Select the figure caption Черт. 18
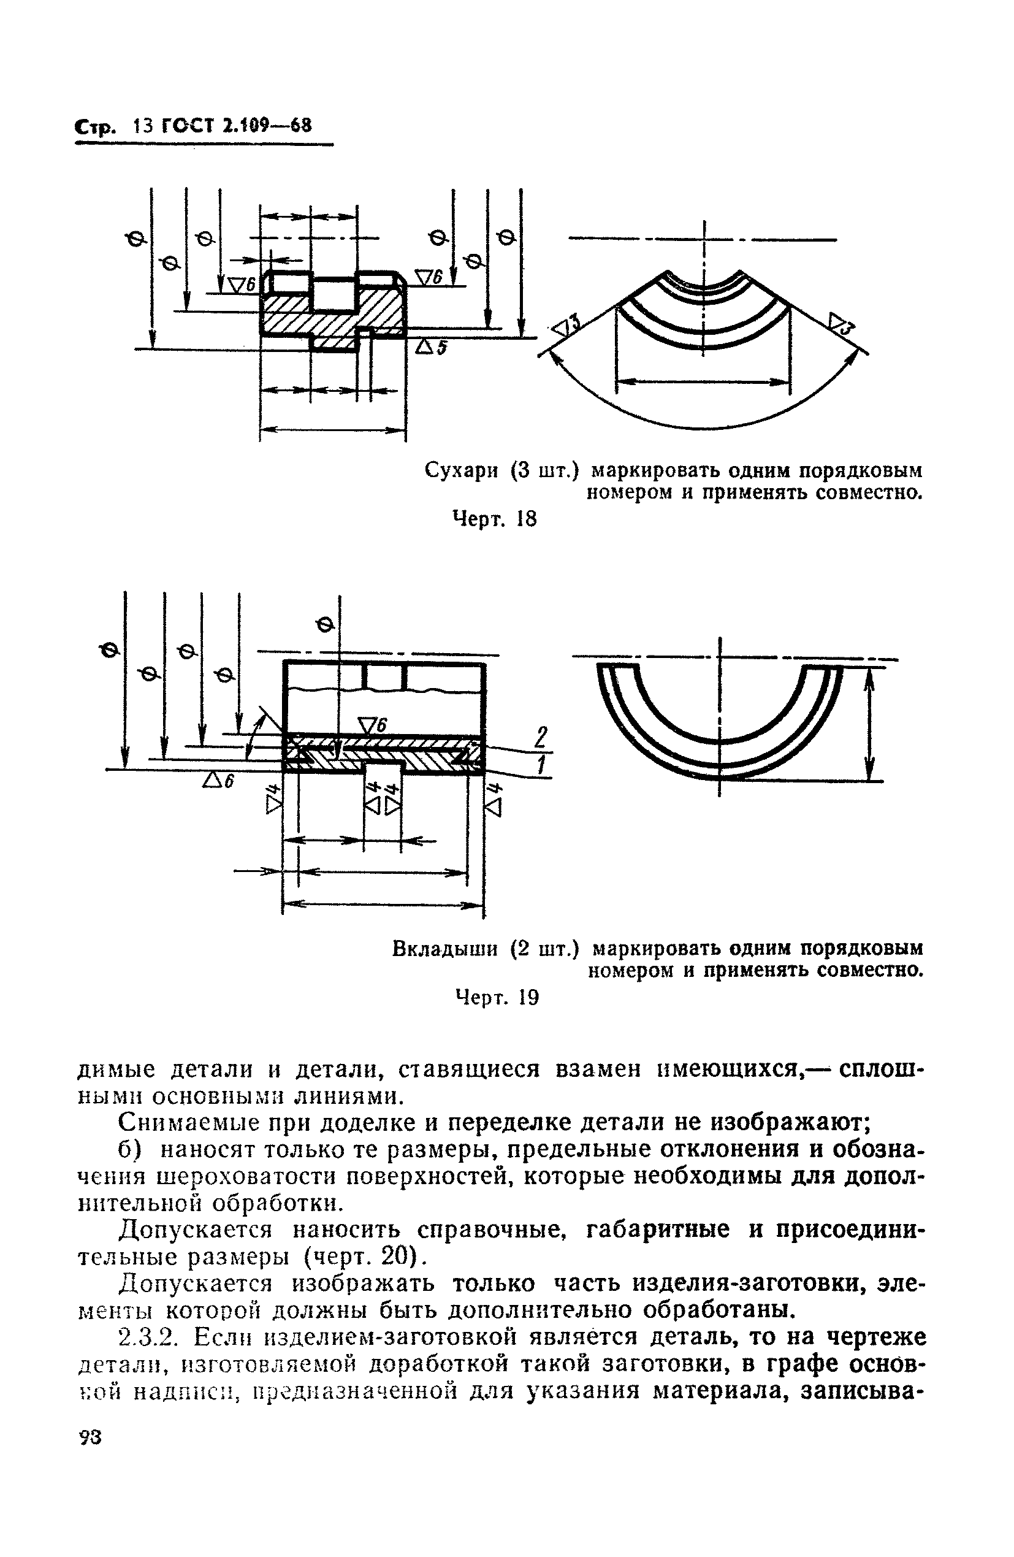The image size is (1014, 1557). click(x=495, y=519)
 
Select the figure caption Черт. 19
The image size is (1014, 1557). click(x=497, y=998)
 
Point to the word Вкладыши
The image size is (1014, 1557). click(x=448, y=948)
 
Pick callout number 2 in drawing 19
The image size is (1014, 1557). click(x=539, y=737)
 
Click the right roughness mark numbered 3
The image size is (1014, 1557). click(x=842, y=324)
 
